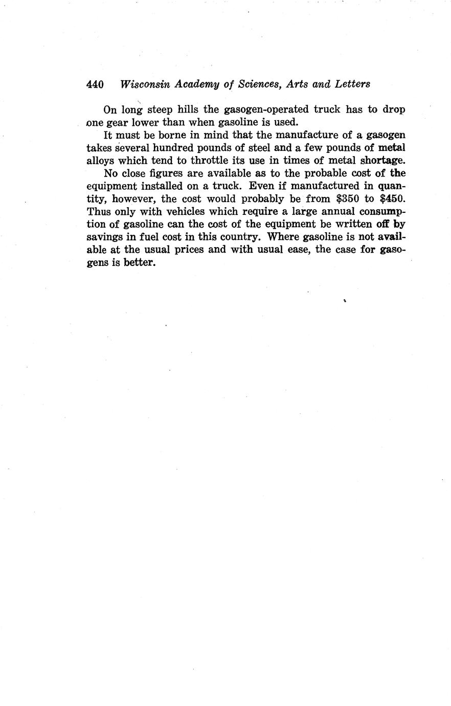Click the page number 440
pos(95,84)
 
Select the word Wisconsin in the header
pos(145,84)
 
